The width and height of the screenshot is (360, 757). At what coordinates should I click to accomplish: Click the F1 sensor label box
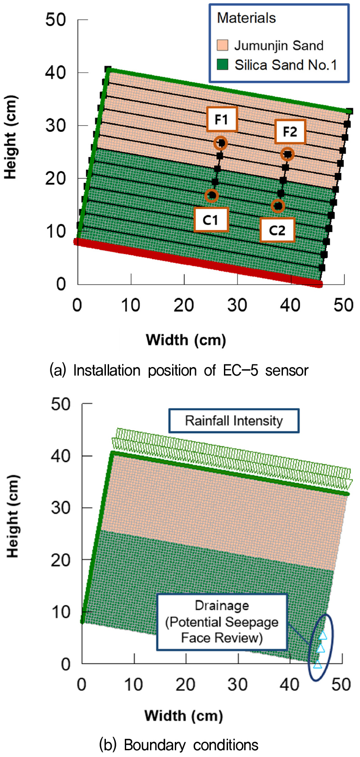click(x=221, y=119)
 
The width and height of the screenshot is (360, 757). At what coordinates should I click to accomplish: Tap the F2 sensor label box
click(x=290, y=131)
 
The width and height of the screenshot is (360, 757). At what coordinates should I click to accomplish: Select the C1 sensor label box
click(x=210, y=220)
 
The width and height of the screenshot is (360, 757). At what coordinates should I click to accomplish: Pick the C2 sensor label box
click(x=277, y=231)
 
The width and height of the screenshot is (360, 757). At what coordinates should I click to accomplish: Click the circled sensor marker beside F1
click(x=220, y=143)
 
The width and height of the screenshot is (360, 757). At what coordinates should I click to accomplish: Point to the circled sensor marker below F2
click(x=287, y=154)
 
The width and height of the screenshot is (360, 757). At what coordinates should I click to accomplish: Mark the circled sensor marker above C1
click(x=211, y=195)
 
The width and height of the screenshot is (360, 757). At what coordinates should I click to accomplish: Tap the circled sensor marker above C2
click(x=278, y=206)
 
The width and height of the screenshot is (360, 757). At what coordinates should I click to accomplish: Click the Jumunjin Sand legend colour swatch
click(x=223, y=45)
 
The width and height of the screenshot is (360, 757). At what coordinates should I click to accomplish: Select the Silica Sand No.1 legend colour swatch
click(x=223, y=64)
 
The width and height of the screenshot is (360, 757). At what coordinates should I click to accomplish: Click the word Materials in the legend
click(x=246, y=18)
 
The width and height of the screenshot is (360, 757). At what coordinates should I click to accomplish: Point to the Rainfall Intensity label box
click(x=234, y=421)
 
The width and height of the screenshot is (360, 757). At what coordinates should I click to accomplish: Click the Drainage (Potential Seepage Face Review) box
click(x=222, y=622)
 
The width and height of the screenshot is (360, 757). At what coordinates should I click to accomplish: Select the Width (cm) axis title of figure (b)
click(x=183, y=715)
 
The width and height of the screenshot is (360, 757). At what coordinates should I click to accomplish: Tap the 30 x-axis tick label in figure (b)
click(x=237, y=684)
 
